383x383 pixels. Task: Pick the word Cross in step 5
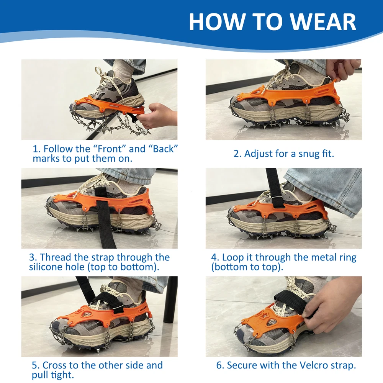click(x=54, y=365)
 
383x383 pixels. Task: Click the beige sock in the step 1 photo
click(x=123, y=71)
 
